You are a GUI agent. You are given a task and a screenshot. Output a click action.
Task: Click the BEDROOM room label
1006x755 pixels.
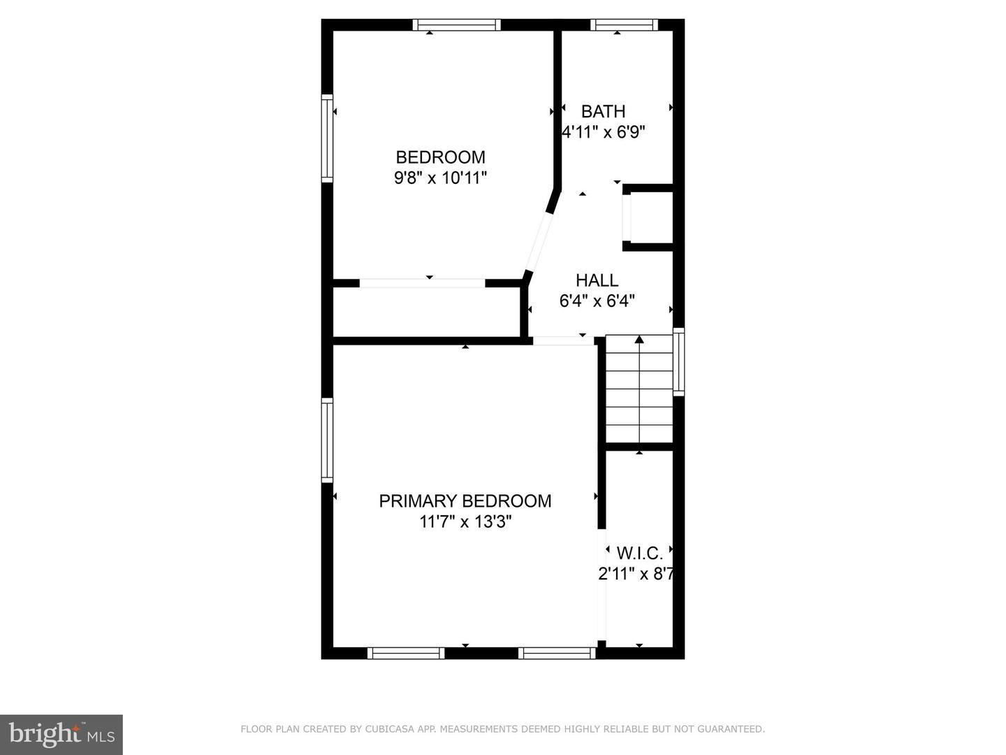click(440, 157)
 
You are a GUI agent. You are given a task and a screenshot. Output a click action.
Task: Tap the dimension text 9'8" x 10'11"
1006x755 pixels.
click(440, 178)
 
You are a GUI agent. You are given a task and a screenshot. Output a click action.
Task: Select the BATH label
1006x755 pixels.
click(603, 111)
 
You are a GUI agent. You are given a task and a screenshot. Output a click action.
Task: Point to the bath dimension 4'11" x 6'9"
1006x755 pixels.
click(604, 133)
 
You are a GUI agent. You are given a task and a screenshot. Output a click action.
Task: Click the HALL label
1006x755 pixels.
click(597, 280)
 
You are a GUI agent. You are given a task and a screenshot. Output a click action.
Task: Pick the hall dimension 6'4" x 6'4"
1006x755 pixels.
click(597, 301)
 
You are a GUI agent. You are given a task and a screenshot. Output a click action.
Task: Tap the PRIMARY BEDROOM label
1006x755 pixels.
click(465, 501)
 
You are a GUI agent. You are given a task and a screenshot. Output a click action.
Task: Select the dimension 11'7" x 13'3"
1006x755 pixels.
click(465, 522)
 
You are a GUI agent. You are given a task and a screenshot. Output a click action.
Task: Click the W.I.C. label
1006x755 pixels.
click(640, 553)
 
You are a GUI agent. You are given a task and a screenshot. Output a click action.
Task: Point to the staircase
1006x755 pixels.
click(639, 389)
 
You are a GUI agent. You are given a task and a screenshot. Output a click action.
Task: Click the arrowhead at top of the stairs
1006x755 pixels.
click(639, 339)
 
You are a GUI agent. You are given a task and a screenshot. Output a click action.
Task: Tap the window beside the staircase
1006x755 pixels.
click(679, 361)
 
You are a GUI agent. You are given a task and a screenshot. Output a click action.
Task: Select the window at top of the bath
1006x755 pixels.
click(624, 24)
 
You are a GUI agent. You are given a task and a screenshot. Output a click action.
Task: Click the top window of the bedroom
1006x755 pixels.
click(456, 24)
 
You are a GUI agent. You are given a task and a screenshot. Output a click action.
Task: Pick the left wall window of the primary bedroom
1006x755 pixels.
click(327, 440)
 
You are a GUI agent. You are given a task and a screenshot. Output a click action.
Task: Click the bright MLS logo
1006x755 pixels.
click(61, 734)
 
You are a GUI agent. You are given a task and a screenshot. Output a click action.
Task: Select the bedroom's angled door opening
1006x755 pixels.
click(539, 242)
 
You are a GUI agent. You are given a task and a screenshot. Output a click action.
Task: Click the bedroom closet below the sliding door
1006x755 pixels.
click(426, 312)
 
